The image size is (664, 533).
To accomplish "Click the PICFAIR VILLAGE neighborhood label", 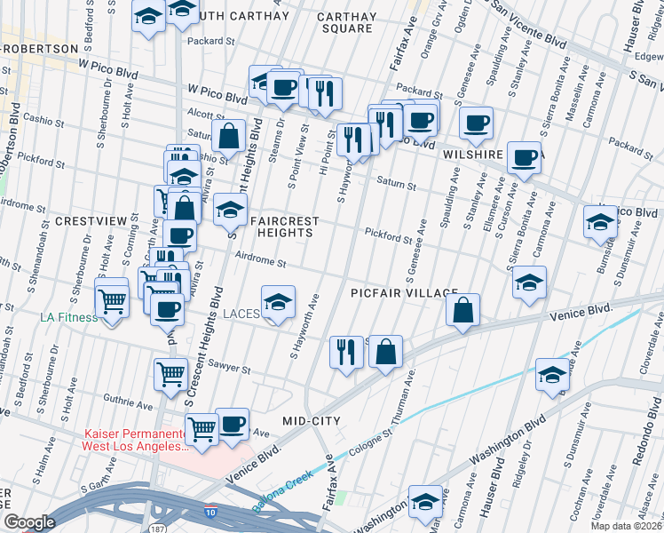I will point(404,293).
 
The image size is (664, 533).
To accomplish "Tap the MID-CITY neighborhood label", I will point(312,420).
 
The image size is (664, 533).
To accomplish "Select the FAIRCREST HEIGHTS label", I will point(282,226).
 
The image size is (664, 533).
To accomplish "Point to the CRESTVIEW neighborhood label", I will point(87,219).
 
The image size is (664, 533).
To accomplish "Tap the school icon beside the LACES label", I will point(278,303).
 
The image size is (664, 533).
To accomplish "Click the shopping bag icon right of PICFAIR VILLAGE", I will point(462,310).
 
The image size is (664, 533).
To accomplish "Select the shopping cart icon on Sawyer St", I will point(170,374).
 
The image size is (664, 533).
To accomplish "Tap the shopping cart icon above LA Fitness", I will point(112,302).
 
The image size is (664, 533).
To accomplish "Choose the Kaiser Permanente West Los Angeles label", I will point(135,440).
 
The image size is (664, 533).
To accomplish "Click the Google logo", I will point(30,522).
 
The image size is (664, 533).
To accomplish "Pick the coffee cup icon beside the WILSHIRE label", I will point(525,158).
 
